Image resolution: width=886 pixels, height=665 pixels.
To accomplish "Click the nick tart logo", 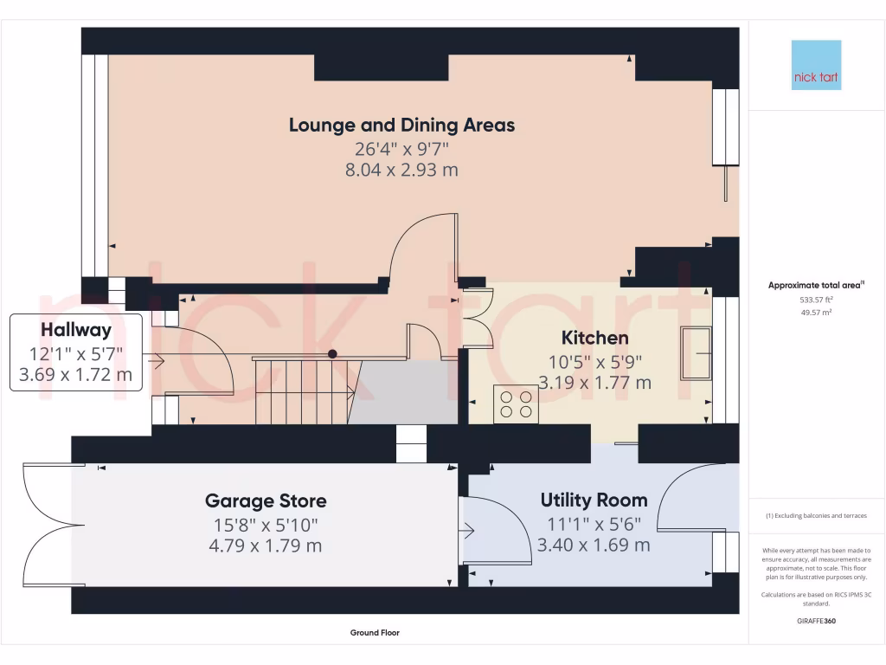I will coord(816,65).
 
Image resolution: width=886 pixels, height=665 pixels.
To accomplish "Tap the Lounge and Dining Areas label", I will coord(401,125).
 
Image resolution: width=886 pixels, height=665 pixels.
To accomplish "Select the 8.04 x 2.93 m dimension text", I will coord(401,170).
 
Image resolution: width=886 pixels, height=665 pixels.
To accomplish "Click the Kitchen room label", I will coord(594,338).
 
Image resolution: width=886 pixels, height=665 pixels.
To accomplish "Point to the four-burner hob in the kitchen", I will coord(516,404).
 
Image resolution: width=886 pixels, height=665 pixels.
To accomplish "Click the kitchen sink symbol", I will coord(695,352).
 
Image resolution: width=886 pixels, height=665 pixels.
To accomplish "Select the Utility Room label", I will coord(594,500).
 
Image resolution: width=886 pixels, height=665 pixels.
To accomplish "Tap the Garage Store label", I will coord(266,500).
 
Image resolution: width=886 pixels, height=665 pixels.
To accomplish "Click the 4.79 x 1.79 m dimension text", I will coord(266,546).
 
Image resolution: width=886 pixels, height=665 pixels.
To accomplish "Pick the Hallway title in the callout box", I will coord(76,330).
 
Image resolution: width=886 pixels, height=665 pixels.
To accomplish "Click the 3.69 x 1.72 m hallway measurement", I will coord(76,375).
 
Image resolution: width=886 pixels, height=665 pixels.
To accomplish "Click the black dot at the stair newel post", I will coord(332,354).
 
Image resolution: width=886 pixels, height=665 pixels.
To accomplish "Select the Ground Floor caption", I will coord(375,633).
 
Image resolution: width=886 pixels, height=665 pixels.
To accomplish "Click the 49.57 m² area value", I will coord(816,312).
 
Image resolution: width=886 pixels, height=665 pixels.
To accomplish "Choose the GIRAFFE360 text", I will coord(816,621).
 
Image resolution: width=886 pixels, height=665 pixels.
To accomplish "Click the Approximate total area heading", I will coord(816,285).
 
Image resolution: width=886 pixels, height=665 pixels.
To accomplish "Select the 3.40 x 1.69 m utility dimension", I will coord(594,545).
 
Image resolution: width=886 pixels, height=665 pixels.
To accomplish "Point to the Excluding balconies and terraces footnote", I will coord(816,515).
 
